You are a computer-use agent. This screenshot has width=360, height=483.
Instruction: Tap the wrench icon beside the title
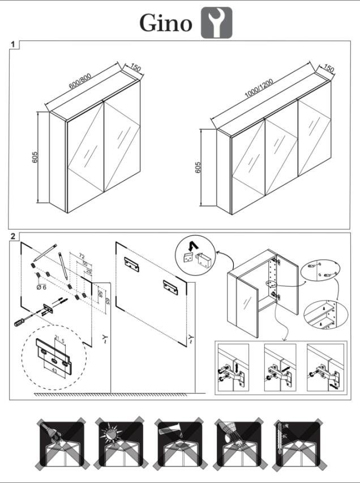pos(217,23)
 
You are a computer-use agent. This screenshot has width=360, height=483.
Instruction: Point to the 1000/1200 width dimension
pos(259,90)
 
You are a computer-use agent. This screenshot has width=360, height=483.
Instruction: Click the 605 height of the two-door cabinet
pos(35,157)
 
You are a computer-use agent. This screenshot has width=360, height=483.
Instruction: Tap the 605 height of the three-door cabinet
pos(198,168)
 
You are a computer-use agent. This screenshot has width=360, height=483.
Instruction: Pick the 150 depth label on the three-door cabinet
pos(328,69)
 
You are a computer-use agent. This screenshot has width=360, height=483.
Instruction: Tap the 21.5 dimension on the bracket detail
pos(59,340)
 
